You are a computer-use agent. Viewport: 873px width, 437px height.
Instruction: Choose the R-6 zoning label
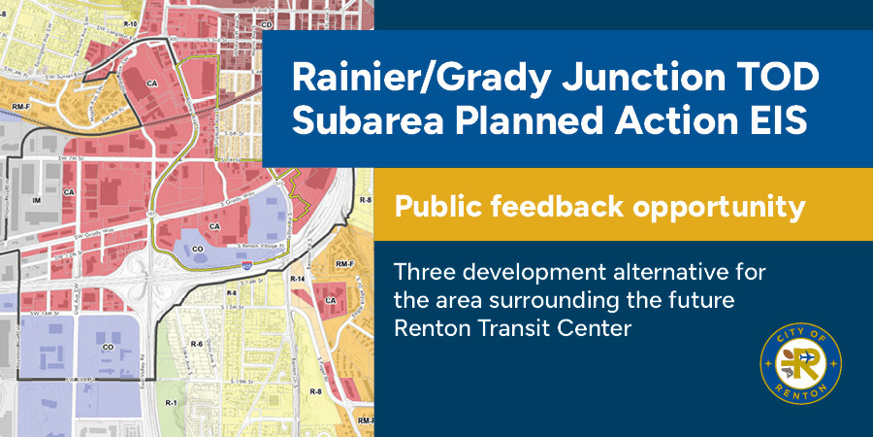(196, 344)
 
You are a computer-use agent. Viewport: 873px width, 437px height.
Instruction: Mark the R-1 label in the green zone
(171, 402)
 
